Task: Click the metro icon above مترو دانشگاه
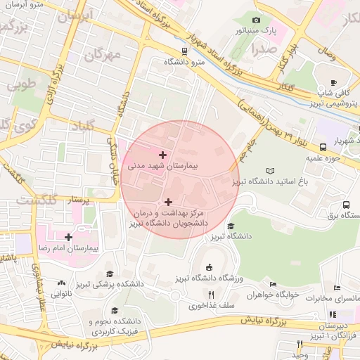[x=184, y=51]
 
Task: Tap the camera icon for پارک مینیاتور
[x=256, y=20]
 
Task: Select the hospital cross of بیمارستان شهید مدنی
[x=163, y=154]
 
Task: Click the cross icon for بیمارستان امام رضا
[x=67, y=237]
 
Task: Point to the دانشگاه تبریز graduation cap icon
[x=231, y=226]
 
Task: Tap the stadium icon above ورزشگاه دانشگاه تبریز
[x=209, y=266]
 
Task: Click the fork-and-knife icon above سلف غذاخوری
[x=210, y=295]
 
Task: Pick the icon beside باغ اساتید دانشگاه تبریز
[x=271, y=171]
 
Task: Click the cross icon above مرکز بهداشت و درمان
[x=168, y=202]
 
